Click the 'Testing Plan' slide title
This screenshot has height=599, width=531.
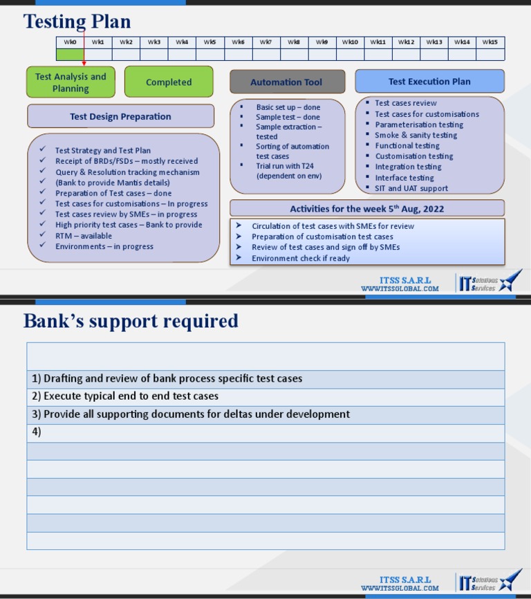[x=77, y=21]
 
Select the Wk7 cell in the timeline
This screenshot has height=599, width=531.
[x=266, y=42]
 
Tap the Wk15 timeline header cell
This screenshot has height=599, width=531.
[x=490, y=42]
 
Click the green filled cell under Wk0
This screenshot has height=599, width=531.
[x=70, y=55]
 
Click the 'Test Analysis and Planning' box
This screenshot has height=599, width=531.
[x=71, y=82]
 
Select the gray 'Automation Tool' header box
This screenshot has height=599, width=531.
[x=286, y=82]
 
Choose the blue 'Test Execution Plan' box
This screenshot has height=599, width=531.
[x=429, y=81]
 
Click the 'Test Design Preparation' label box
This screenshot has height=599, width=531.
[x=120, y=116]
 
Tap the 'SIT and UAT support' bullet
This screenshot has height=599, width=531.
[x=411, y=188]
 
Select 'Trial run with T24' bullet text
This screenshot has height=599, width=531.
[x=284, y=166]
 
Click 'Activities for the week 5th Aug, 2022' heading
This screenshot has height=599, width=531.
[x=366, y=208]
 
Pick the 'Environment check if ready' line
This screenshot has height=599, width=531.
[x=300, y=258]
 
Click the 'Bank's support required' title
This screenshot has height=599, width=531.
[x=131, y=321]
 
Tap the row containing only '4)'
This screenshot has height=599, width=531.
[x=265, y=432]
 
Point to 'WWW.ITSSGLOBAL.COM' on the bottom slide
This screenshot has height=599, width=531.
[x=400, y=589]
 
